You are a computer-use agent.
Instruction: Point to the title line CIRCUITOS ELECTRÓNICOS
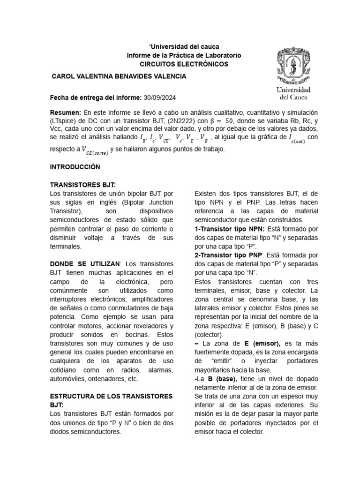click(184, 64)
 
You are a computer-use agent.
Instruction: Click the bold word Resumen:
click(66, 113)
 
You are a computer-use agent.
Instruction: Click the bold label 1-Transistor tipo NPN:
click(229, 229)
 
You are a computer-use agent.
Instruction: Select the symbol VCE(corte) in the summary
click(95, 150)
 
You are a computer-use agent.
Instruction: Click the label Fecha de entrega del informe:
click(95, 97)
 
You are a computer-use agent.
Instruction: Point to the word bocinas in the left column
click(134, 335)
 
